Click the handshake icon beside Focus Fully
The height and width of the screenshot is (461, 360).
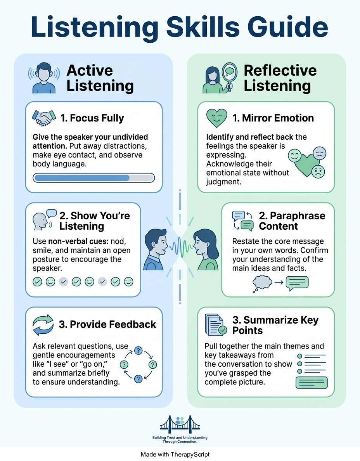(44, 118)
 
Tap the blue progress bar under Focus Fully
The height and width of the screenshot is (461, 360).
(94, 178)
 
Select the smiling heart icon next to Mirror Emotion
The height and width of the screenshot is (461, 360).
(216, 118)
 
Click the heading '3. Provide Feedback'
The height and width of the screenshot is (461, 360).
(107, 324)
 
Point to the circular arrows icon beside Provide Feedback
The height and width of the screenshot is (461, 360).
(43, 325)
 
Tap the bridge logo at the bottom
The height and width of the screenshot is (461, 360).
(180, 424)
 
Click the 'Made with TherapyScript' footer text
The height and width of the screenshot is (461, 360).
(175, 454)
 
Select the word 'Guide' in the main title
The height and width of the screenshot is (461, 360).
(287, 27)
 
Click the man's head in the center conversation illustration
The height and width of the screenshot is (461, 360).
(156, 242)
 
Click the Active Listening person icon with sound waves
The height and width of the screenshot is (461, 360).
(44, 78)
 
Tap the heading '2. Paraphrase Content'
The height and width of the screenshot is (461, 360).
(292, 221)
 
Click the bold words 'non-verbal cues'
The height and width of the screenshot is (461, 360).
(78, 241)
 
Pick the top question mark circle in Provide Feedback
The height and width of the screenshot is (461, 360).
(138, 350)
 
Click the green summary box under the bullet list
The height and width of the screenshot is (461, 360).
(312, 383)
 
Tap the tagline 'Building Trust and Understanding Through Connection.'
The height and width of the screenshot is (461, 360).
(180, 440)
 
